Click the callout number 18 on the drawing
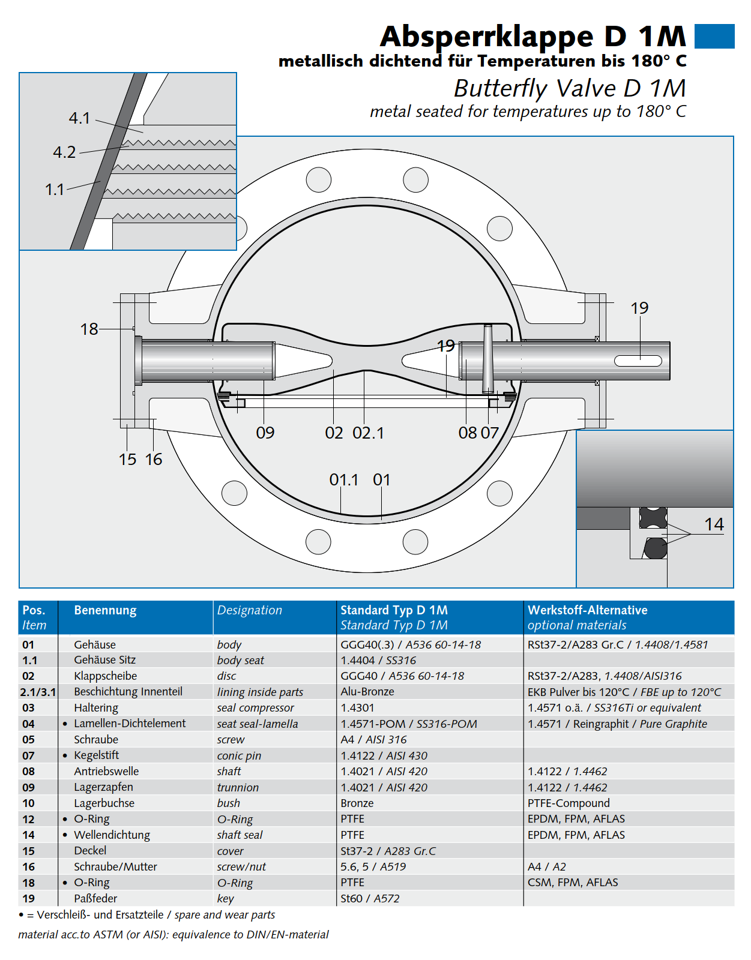[89, 329]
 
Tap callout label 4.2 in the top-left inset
[64, 152]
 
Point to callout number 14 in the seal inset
[714, 524]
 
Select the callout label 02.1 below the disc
[368, 433]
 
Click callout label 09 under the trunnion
[265, 433]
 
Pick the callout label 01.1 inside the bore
[343, 480]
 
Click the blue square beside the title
[714, 36]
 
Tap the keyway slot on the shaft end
[638, 361]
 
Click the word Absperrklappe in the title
[487, 37]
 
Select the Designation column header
[249, 610]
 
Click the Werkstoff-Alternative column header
[587, 610]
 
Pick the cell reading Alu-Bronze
[367, 691]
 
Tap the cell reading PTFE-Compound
[569, 803]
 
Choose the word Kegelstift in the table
[96, 755]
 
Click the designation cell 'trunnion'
[238, 787]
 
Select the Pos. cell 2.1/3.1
[38, 692]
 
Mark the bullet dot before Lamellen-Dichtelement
[65, 724]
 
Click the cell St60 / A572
[370, 898]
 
